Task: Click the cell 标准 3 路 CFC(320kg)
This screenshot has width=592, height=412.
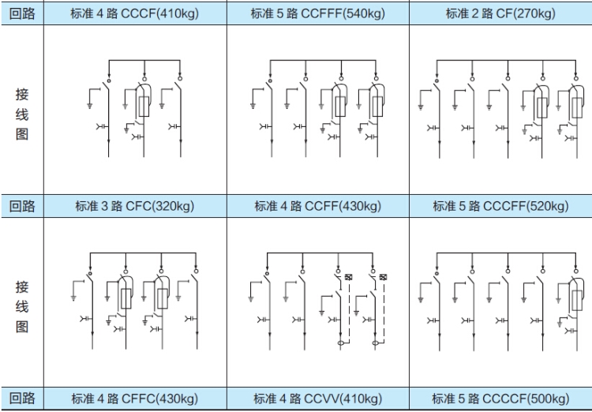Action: click(x=134, y=206)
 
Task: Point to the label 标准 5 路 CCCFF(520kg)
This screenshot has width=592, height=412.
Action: click(x=500, y=206)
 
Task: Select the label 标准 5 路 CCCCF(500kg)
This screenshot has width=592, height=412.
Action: click(x=500, y=399)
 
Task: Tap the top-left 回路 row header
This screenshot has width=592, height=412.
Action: click(x=22, y=13)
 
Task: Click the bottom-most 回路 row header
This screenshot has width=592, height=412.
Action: click(x=22, y=399)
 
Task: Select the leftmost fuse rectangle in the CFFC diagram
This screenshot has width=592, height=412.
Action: click(x=126, y=298)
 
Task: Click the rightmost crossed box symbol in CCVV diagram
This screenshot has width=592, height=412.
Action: click(x=384, y=277)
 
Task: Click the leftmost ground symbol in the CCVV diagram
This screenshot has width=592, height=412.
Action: click(x=250, y=298)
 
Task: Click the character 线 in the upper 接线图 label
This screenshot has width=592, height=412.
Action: click(x=22, y=115)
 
